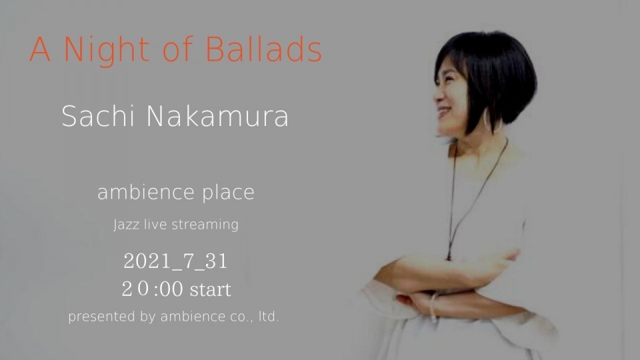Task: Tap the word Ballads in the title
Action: tap(264, 49)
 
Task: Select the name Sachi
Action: tap(98, 116)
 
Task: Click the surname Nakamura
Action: tap(217, 116)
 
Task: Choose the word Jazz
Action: tap(127, 225)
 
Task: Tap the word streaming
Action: tap(205, 225)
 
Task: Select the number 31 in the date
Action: tap(216, 261)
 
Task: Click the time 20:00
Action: tap(152, 289)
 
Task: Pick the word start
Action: tap(211, 290)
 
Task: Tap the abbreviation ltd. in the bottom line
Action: tap(268, 317)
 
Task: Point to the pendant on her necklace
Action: tap(449, 255)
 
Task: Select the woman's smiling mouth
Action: tap(445, 112)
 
